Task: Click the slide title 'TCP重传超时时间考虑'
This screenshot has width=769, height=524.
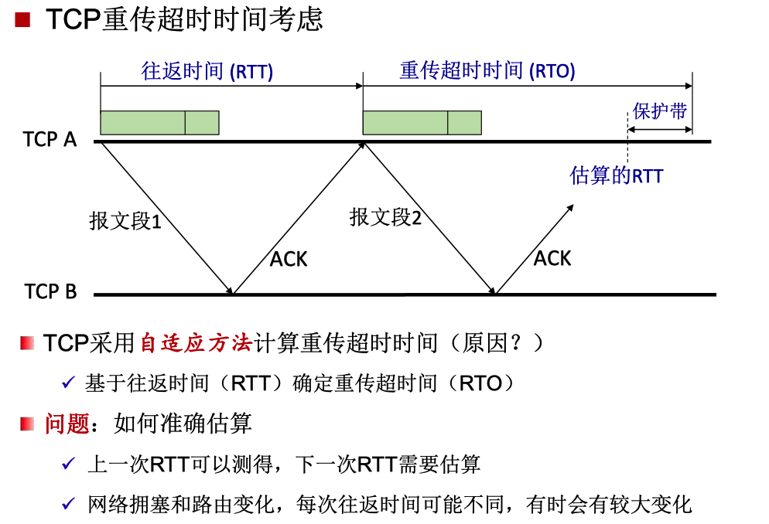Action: [x=184, y=19]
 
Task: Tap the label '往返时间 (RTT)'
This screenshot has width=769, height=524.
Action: [x=207, y=71]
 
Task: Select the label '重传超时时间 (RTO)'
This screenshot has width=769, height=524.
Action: [x=487, y=71]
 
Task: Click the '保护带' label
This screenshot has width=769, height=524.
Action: [x=659, y=111]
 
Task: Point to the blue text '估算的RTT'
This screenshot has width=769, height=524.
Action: [x=616, y=175]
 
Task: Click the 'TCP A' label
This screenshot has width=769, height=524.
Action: [x=50, y=140]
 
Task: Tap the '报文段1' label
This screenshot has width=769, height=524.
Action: [x=125, y=222]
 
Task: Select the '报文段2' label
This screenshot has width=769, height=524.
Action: [x=385, y=217]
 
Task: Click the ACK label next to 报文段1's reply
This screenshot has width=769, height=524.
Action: [x=289, y=260]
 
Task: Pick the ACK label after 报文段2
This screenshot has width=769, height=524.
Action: [x=552, y=258]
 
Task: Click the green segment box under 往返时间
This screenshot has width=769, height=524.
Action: [x=159, y=123]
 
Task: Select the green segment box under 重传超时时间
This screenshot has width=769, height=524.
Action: [x=422, y=123]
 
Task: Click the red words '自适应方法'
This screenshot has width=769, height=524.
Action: [x=197, y=343]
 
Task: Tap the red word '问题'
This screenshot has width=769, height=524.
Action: [x=67, y=424]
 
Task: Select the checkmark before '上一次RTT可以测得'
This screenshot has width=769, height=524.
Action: [x=69, y=464]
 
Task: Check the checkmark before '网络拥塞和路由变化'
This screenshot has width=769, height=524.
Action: [x=69, y=505]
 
